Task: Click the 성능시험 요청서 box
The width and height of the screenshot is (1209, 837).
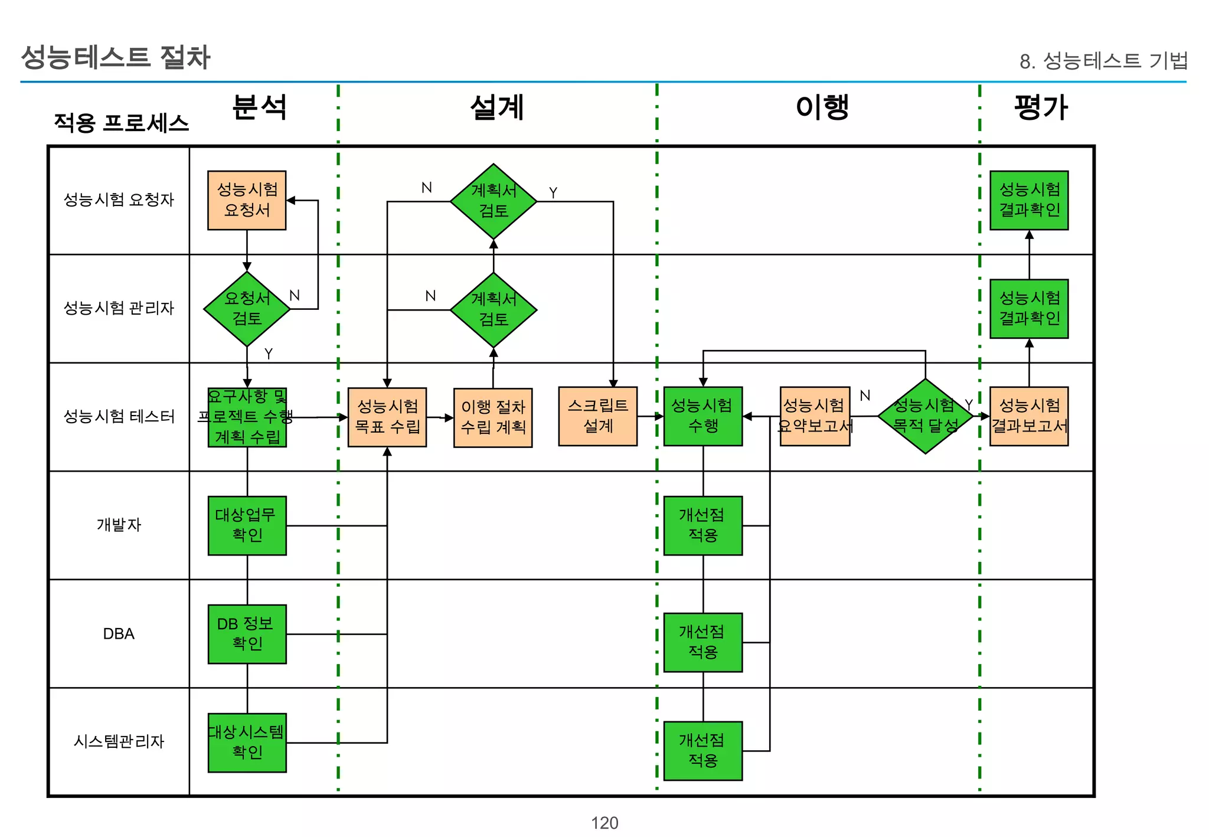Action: [x=247, y=200]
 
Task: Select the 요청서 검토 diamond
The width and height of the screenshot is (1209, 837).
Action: [x=247, y=309]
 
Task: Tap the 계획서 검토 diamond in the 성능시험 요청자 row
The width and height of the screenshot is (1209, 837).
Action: [x=494, y=201]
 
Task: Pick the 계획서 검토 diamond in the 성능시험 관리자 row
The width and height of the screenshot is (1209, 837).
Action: [x=494, y=310]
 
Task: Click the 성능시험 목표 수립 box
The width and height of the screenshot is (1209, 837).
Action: [x=387, y=417]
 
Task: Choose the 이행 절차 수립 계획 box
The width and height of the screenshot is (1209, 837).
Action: [x=493, y=417]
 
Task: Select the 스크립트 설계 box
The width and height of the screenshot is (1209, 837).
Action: [x=597, y=416]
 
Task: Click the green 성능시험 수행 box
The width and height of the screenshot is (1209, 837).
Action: [x=702, y=416]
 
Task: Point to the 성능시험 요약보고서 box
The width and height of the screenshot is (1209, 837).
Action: [x=815, y=416]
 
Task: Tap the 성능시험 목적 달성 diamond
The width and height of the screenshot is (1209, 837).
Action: [x=925, y=416]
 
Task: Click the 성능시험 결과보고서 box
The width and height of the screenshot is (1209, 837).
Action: [x=1029, y=416]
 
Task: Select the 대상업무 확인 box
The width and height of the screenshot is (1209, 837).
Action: [x=247, y=525]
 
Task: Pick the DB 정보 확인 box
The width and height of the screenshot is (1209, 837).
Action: [x=247, y=634]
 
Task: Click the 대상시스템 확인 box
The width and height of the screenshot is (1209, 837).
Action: [x=247, y=743]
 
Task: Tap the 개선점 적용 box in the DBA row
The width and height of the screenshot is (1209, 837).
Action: [x=702, y=642]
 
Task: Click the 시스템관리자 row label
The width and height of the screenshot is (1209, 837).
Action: [x=119, y=741]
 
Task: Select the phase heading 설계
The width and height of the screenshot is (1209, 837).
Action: [x=497, y=107]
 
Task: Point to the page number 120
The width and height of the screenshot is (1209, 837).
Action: [x=604, y=823]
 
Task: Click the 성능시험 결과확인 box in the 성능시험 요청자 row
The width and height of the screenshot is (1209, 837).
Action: [x=1029, y=200]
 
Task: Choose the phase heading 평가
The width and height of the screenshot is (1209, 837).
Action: [x=1041, y=107]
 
